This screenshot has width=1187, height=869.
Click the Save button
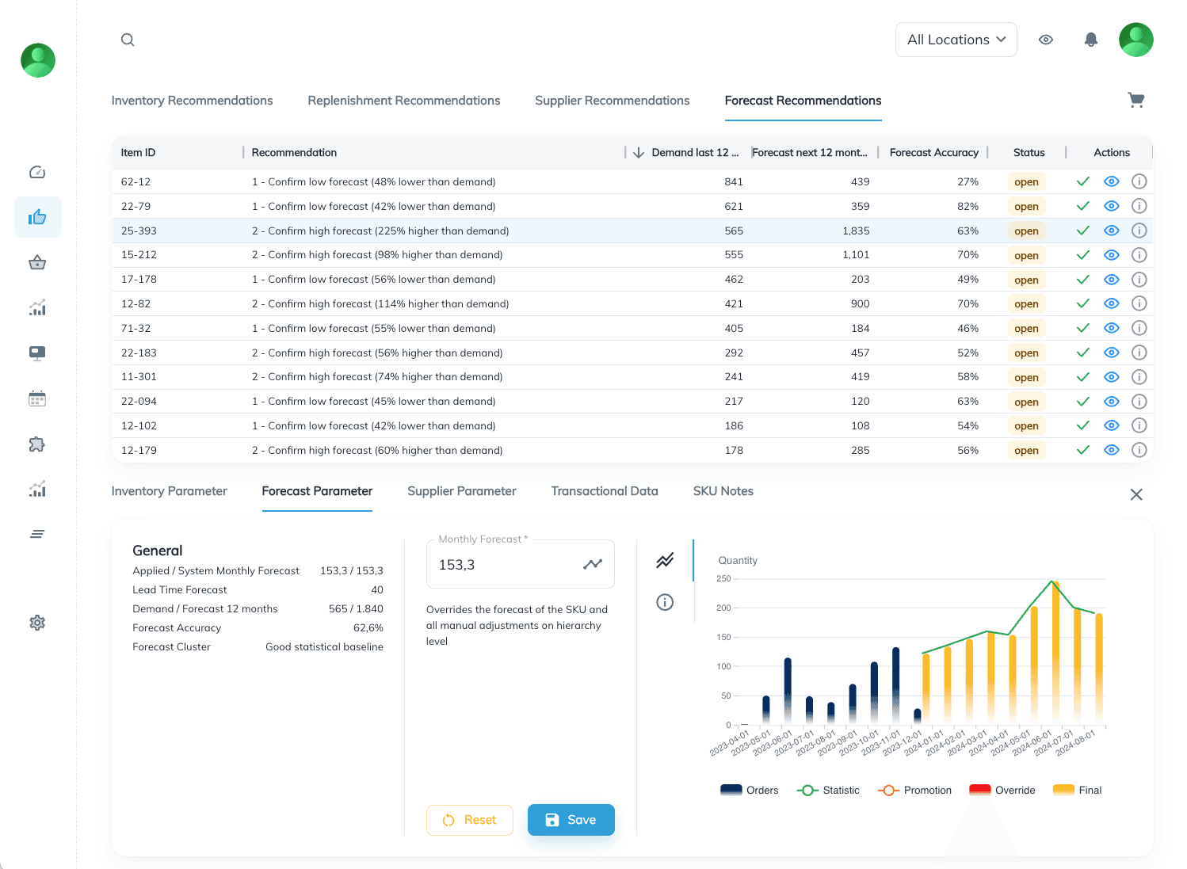pyautogui.click(x=571, y=820)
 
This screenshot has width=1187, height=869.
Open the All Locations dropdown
pyautogui.click(x=956, y=40)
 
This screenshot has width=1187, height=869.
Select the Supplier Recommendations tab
pyautogui.click(x=612, y=101)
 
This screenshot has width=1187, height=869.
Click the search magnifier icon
pyautogui.click(x=128, y=40)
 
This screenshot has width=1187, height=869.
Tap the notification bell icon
pyautogui.click(x=1090, y=40)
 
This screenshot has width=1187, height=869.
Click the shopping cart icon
pyautogui.click(x=1135, y=100)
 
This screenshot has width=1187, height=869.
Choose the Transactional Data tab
pyautogui.click(x=604, y=491)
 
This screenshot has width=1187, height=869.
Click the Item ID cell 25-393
pyautogui.click(x=139, y=231)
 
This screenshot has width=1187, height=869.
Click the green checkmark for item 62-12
pyautogui.click(x=1082, y=181)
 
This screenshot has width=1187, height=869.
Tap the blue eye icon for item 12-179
pyautogui.click(x=1111, y=450)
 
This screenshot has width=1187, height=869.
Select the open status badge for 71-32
pyautogui.click(x=1026, y=329)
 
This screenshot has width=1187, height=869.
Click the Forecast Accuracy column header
pyautogui.click(x=933, y=153)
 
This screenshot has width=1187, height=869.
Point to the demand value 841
pyautogui.click(x=734, y=181)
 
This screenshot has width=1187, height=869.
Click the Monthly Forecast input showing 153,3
pyautogui.click(x=507, y=565)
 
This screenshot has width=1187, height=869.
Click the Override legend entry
pyautogui.click(x=1002, y=790)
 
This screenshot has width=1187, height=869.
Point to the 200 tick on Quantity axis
pyautogui.click(x=723, y=608)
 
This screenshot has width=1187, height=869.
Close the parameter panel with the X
pyautogui.click(x=1135, y=494)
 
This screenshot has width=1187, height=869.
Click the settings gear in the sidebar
pyautogui.click(x=37, y=623)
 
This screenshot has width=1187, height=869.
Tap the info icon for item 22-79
pyautogui.click(x=1139, y=206)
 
